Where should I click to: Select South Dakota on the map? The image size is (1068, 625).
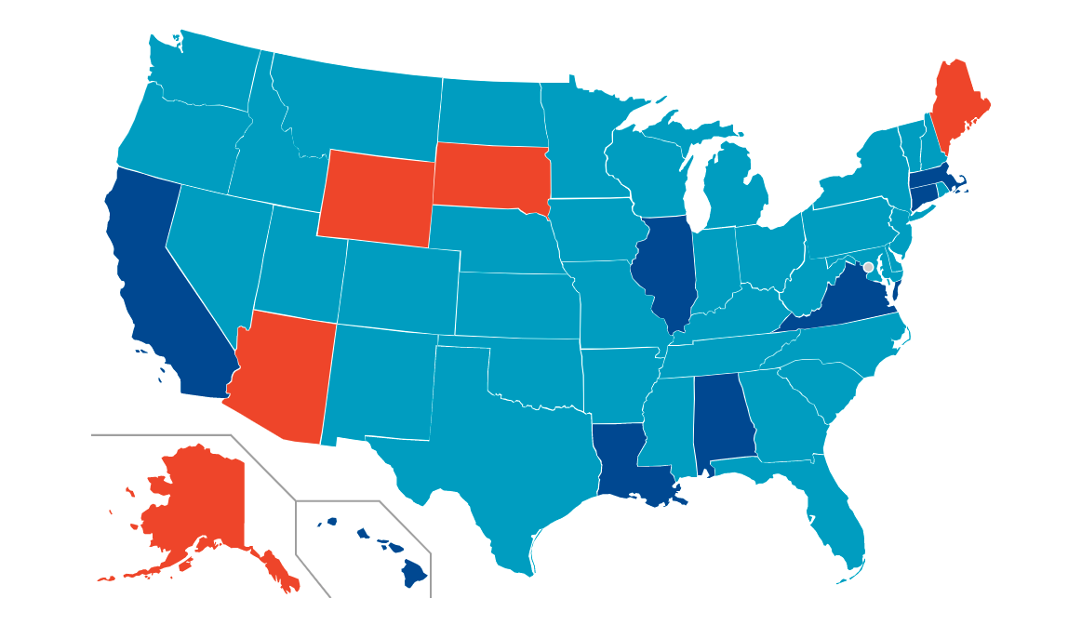(490, 177)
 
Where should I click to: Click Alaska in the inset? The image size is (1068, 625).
(200, 502)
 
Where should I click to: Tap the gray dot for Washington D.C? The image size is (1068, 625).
(868, 267)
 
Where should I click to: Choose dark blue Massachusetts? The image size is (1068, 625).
(935, 178)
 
